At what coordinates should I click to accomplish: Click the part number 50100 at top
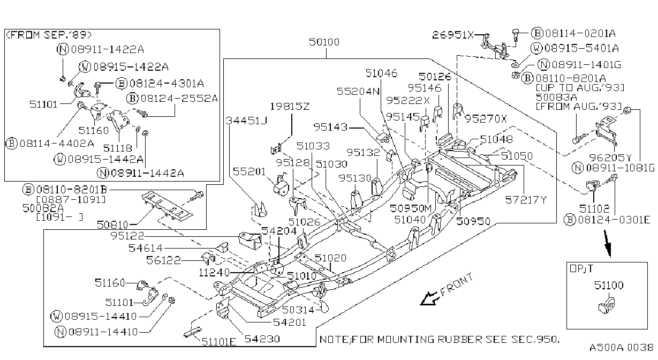[x=324, y=42]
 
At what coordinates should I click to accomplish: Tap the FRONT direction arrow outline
[x=429, y=299]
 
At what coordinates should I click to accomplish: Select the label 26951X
[x=452, y=35]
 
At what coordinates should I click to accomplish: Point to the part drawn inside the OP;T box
[x=607, y=306]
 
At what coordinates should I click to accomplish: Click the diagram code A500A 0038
[x=621, y=348]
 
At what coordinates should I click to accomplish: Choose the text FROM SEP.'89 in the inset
[x=49, y=35]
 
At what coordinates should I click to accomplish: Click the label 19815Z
[x=290, y=107]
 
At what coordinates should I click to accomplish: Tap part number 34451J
[x=246, y=121]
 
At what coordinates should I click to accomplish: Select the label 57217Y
[x=526, y=200]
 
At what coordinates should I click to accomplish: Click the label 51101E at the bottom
[x=219, y=342]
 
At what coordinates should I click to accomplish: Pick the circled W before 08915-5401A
[x=537, y=48]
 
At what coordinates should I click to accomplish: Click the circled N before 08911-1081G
[x=578, y=168]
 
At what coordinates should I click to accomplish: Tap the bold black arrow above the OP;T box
[x=608, y=244]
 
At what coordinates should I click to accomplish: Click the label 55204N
[x=358, y=92]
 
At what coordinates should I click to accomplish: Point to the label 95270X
[x=486, y=119]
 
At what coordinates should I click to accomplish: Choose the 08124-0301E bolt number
[x=614, y=220]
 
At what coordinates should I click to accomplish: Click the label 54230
[x=262, y=339]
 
